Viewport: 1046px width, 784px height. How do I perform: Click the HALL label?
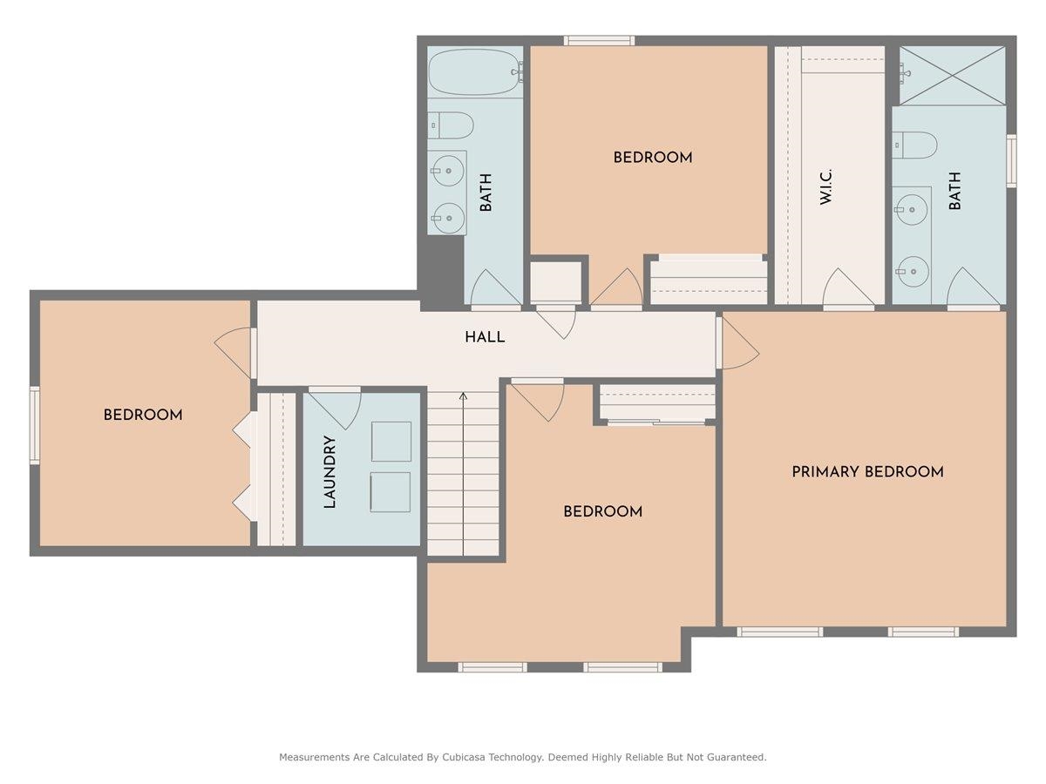point(484,337)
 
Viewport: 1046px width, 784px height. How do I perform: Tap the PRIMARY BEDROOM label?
point(867,472)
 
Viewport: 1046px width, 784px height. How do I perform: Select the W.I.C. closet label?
point(825,186)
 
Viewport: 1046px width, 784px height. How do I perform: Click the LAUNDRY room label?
point(329,472)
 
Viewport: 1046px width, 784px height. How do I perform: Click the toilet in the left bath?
point(452,125)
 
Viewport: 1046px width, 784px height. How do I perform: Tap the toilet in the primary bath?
point(915,145)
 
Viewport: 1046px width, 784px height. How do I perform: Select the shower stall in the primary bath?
point(953,76)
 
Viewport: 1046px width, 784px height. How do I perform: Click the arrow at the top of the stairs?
point(463,397)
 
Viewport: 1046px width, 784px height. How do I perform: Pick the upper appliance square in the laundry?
point(391,442)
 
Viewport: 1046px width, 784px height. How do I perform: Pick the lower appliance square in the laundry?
point(391,492)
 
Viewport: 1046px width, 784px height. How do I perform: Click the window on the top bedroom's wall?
point(599,40)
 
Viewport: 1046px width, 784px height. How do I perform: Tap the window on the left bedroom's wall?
point(35,425)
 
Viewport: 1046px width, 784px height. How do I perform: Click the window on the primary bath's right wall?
point(1011,161)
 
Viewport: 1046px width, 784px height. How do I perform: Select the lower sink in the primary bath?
point(913,271)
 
